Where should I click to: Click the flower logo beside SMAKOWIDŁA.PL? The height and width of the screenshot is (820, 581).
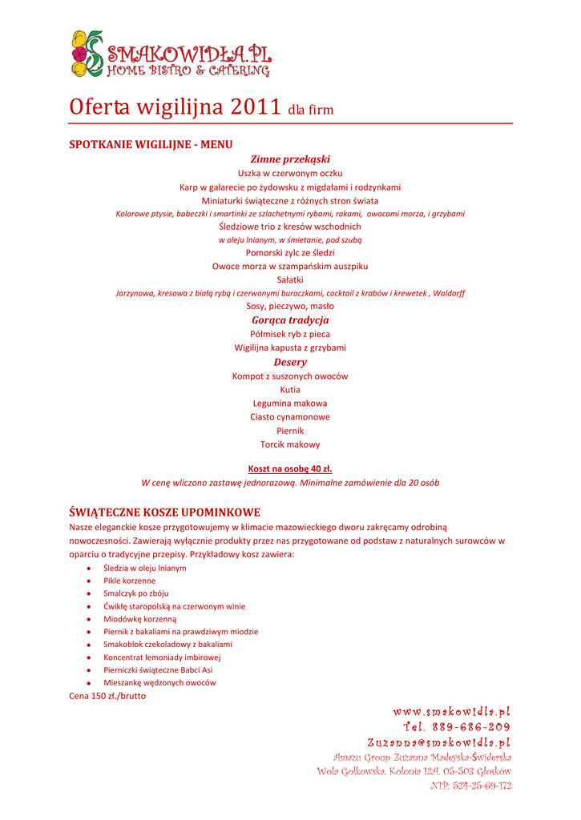[87, 53]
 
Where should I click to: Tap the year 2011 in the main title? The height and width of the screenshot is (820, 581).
[256, 107]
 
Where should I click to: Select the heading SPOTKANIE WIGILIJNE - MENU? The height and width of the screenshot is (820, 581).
[151, 145]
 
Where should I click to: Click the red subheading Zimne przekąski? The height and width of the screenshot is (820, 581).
[290, 159]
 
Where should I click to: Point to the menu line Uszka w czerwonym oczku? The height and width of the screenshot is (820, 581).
[290, 173]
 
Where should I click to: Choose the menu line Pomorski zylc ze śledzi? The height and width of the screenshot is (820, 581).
[290, 252]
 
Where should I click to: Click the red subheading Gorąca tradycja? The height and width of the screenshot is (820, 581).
[290, 320]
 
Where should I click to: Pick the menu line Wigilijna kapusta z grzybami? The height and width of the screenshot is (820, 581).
[290, 348]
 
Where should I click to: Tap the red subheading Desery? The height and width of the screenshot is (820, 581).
[290, 362]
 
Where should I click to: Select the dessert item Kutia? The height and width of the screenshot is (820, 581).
[290, 389]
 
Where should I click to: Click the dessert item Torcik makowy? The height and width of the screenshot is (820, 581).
[290, 444]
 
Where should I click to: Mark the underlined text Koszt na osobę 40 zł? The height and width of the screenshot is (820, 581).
[290, 468]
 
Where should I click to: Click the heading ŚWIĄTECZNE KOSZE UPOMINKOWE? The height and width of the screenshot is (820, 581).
[165, 512]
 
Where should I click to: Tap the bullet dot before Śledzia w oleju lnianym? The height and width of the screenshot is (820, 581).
[87, 568]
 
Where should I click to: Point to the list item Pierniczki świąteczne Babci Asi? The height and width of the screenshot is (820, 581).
[158, 669]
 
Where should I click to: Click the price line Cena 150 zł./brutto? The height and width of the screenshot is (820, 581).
[107, 696]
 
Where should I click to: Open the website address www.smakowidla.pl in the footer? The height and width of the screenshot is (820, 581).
[451, 711]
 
